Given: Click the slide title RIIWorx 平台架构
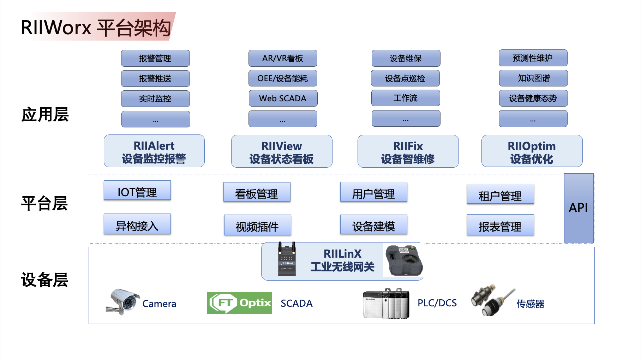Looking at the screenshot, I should click(96, 28).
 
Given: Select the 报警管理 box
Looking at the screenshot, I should click(155, 58).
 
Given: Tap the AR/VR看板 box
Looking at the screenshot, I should click(283, 58).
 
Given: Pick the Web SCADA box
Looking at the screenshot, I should click(283, 98).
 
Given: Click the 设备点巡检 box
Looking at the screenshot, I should click(405, 78).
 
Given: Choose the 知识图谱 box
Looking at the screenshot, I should click(533, 78).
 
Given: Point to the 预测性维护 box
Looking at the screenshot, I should click(533, 58).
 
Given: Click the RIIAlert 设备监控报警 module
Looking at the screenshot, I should click(154, 151).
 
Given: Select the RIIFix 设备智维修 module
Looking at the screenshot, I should click(408, 152).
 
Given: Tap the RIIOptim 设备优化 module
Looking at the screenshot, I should click(532, 152).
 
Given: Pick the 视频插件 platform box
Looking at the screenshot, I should click(258, 225).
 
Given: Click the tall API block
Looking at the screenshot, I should click(579, 208).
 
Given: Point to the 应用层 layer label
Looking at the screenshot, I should click(45, 115).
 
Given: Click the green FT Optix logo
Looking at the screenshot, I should click(239, 303).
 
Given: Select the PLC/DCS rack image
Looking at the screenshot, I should click(386, 304).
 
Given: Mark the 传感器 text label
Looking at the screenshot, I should click(530, 304).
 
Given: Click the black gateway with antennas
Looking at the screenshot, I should click(287, 259).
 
